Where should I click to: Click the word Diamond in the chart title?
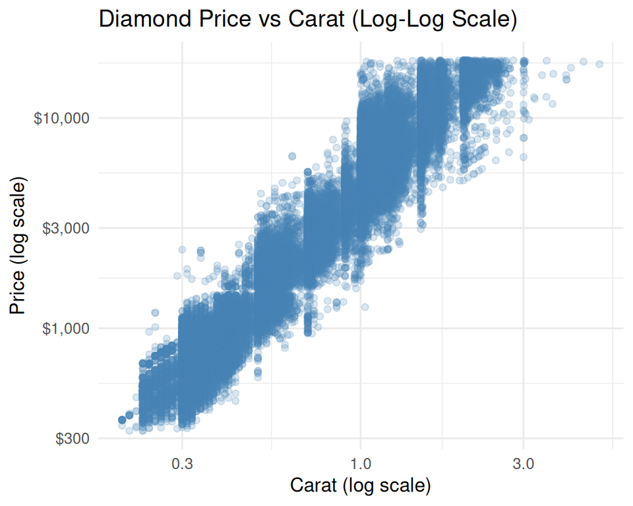(140, 18)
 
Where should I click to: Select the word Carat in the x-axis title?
(314, 486)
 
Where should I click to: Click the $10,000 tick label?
(61, 119)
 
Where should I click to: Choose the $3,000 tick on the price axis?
(65, 229)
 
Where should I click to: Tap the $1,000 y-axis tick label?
(65, 328)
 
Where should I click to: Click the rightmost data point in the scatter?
(599, 64)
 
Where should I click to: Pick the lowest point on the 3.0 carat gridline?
(524, 157)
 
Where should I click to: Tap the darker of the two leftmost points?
(122, 420)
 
